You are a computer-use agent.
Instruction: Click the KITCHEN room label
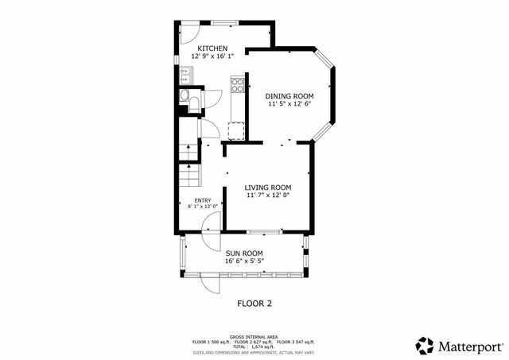(x=212, y=48)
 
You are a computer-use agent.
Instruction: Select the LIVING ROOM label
(x=268, y=188)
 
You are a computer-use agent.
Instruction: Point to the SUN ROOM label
(x=243, y=253)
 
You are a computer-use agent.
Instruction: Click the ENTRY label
(x=203, y=200)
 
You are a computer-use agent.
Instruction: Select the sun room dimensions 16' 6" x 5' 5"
(x=243, y=261)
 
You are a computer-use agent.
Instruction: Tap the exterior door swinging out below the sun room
(x=212, y=283)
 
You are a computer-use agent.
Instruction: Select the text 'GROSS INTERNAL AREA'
(x=254, y=337)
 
